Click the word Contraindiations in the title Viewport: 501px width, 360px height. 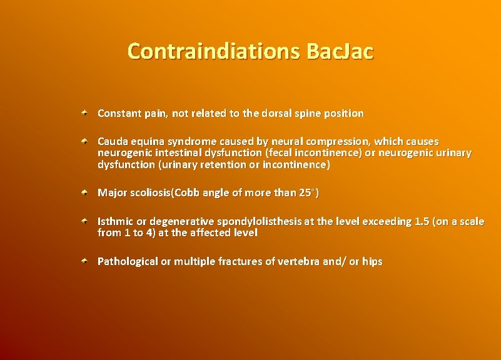click(x=213, y=51)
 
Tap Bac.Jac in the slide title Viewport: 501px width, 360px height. click(x=340, y=51)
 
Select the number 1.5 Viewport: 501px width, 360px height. click(x=422, y=221)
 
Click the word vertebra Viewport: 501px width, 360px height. click(x=299, y=261)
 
